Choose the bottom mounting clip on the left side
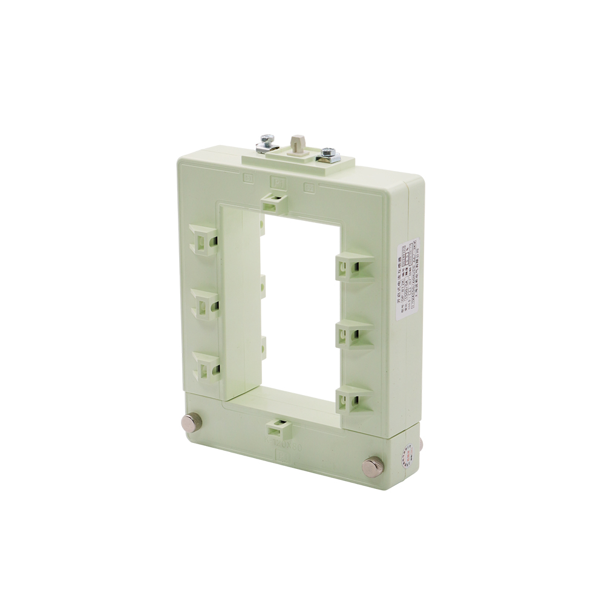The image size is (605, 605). (x=205, y=366)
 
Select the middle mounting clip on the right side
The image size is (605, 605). (x=350, y=332)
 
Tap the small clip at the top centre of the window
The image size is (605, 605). (x=275, y=201)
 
